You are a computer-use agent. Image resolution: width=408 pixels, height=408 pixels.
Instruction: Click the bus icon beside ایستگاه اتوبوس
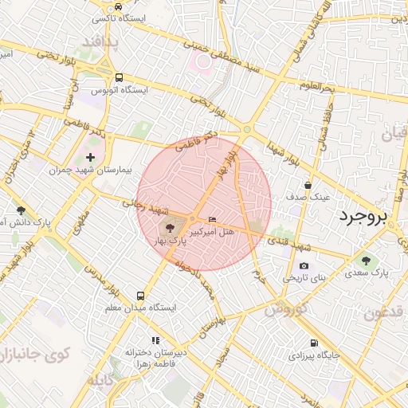tap(119, 78)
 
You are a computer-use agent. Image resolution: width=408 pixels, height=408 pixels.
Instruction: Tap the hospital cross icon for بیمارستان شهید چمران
tap(90, 158)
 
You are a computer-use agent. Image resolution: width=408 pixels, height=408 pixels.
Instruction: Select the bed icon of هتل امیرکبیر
tap(211, 219)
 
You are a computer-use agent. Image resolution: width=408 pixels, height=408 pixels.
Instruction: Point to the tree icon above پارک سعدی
tap(366, 260)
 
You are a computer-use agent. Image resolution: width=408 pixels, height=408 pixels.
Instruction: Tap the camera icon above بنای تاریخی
tap(304, 266)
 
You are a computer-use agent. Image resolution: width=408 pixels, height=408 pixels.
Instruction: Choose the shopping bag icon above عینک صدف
tap(308, 185)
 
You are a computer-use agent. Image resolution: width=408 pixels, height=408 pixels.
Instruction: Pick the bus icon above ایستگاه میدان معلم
tap(141, 295)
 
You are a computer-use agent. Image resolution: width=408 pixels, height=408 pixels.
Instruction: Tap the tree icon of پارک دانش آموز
tap(21, 210)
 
